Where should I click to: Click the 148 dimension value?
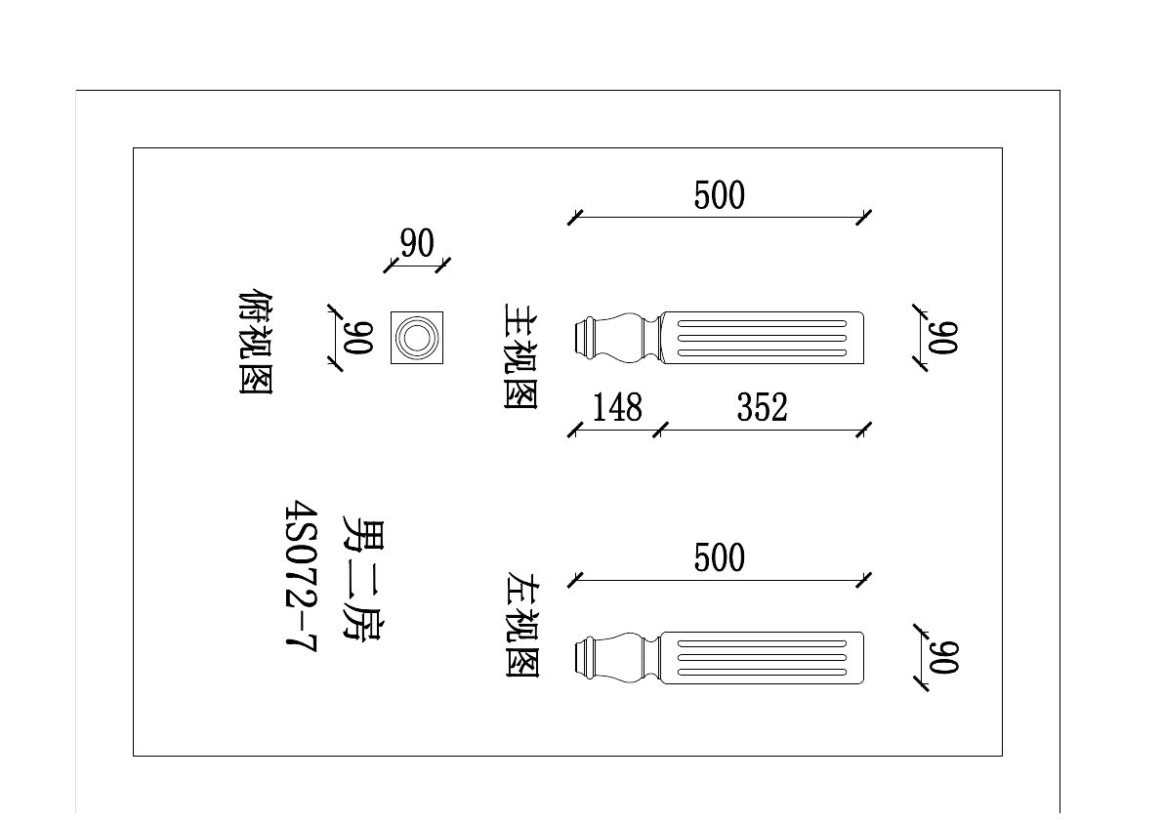[x=617, y=408]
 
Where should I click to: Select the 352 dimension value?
[x=762, y=408]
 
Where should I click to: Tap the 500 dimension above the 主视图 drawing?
[x=720, y=195]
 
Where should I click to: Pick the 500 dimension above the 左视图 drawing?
[x=720, y=558]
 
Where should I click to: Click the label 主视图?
[x=520, y=355]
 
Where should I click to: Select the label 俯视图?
[x=256, y=342]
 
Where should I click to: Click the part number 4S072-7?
[x=301, y=576]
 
